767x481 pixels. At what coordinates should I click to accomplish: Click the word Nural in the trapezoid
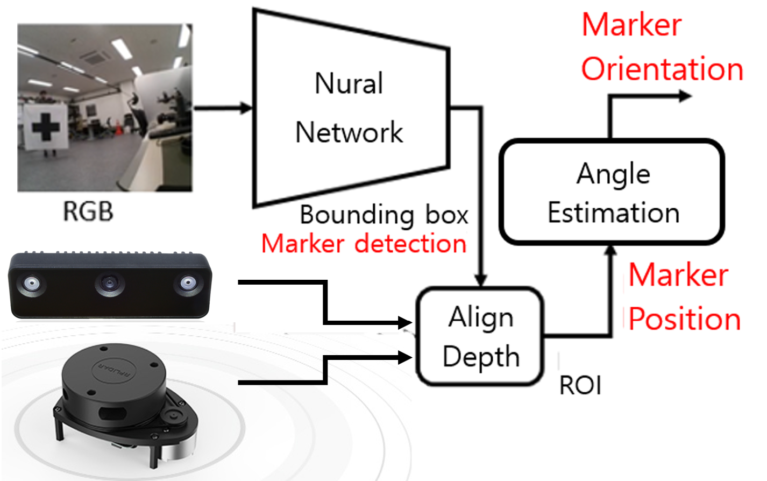coord(349,84)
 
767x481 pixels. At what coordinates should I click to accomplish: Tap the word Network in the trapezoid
coord(349,132)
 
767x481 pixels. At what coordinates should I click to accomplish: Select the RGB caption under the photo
coord(88,211)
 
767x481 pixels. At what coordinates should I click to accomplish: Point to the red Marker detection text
coord(364,244)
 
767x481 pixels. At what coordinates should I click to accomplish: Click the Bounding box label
coord(383,215)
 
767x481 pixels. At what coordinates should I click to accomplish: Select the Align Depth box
coord(481,337)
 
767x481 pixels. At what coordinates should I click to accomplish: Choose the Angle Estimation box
coord(612,193)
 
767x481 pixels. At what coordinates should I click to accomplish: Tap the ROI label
coord(580,386)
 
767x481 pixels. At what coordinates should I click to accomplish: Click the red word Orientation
coord(662,69)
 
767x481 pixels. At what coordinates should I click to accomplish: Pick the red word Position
coord(685,319)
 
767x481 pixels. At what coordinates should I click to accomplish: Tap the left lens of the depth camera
coord(32,283)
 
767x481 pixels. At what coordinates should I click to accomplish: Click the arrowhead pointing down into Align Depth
coord(481,280)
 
